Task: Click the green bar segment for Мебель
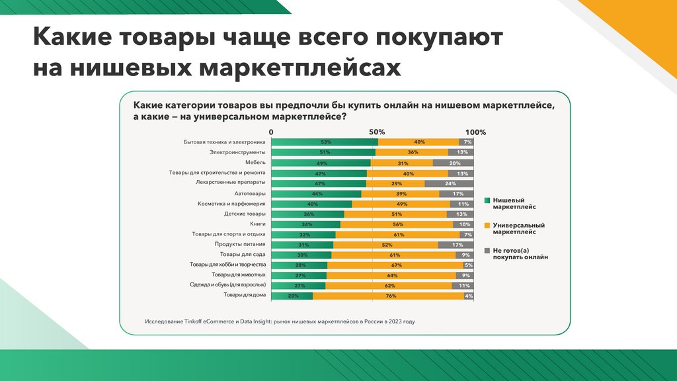pos(321,163)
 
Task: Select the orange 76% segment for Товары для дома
pos(388,296)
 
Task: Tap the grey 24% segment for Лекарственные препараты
pos(450,183)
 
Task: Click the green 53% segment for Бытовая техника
pos(325,142)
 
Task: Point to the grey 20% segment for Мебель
pos(454,163)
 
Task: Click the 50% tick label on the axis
pos(376,132)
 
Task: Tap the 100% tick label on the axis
pos(475,132)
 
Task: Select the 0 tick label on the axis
pos(272,132)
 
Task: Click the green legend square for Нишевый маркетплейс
pos(487,200)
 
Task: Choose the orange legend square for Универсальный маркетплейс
pos(487,225)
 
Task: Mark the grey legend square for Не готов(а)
pos(487,251)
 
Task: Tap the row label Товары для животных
pos(239,275)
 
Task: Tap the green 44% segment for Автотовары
pos(317,194)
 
